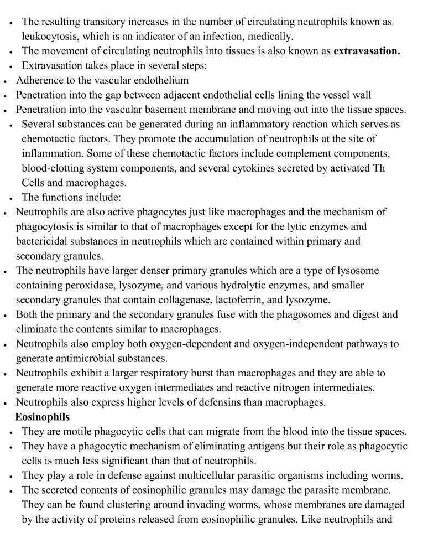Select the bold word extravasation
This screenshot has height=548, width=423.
coord(367,51)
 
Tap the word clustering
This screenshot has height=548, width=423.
coord(127,505)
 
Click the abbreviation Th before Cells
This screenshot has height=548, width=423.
coord(379,168)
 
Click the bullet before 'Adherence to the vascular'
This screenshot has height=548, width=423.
coord(5,81)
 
